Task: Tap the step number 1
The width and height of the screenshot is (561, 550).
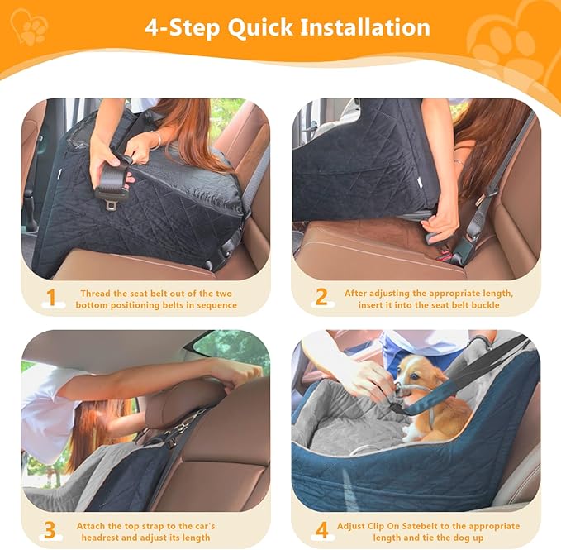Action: click(x=52, y=297)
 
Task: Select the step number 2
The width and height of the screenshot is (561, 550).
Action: click(x=321, y=297)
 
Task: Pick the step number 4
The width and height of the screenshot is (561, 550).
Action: click(x=321, y=529)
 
